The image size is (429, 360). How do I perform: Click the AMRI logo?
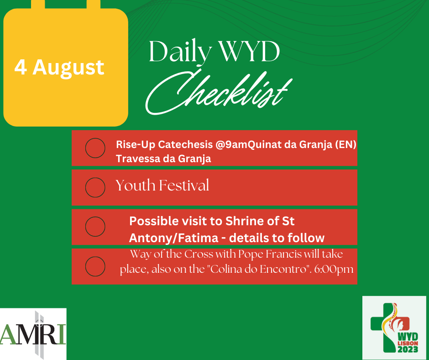pos(33,334)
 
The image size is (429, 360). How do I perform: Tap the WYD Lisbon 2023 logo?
pos(394,328)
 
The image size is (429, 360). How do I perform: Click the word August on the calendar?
pos(68,68)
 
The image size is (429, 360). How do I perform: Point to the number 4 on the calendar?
pos(21,67)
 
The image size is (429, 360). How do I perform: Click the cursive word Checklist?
pos(219,93)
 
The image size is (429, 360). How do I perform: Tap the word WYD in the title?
pos(250,52)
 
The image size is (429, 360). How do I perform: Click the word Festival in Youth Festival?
pos(184,185)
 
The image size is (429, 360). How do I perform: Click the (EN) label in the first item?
pos(345,144)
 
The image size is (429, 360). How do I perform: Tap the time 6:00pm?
pos(334,270)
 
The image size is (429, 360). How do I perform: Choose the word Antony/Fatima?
pos(173,238)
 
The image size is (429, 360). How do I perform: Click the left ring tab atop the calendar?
pos(38,5)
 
